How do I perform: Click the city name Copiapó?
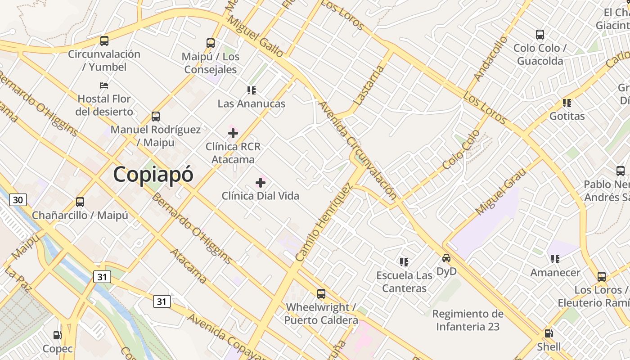point(153,175)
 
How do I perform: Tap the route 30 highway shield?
point(18,199)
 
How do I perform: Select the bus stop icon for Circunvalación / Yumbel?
point(104,41)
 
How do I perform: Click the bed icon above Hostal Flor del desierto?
point(104,85)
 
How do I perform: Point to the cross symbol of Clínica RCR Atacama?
point(233,133)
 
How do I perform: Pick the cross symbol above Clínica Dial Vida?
point(261,183)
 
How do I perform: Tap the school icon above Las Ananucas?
point(252,90)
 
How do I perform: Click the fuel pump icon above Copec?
point(57,335)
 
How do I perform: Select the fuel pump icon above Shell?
point(549,333)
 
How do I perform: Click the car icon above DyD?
point(446,258)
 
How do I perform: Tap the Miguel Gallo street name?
point(256,37)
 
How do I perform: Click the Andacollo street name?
point(490,58)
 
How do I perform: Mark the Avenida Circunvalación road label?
point(358,151)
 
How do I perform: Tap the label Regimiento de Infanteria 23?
point(468,320)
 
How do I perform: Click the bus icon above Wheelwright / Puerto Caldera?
point(321,294)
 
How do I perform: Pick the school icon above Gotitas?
point(567,103)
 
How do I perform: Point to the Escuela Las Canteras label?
point(404,282)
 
